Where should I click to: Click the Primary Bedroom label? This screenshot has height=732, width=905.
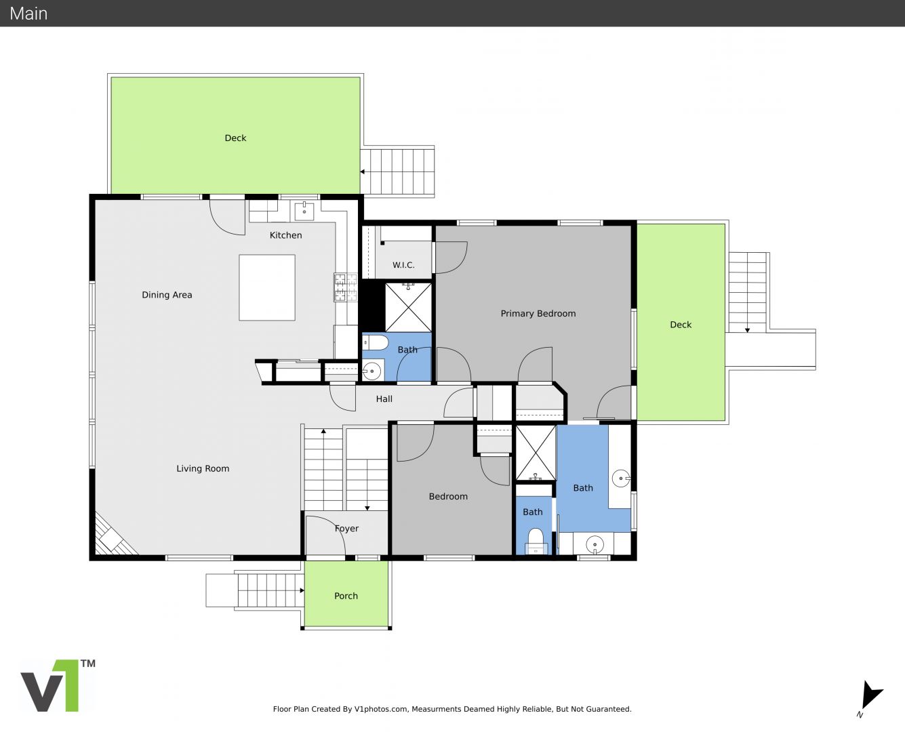[x=538, y=314]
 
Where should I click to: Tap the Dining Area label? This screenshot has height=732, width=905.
[x=167, y=295]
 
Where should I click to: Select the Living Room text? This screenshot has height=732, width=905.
[x=203, y=468]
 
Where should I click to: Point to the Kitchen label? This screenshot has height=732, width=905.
[x=285, y=235]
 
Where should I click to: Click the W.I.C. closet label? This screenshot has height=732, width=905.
[x=403, y=265]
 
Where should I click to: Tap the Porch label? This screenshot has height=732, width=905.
[x=346, y=596]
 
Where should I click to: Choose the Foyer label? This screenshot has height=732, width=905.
[x=346, y=529]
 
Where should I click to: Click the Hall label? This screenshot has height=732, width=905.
[x=384, y=399]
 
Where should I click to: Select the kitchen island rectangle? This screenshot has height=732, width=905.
[x=267, y=287]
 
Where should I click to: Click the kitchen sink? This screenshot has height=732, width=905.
[x=304, y=211]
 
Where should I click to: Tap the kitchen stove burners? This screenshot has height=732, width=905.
[x=346, y=287]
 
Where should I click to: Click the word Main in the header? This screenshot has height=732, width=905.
[x=28, y=14]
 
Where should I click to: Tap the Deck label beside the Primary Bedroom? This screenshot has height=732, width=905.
[x=681, y=325]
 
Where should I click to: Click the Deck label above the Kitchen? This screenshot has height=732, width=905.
[x=235, y=138]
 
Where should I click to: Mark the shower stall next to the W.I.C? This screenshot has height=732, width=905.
[x=408, y=307]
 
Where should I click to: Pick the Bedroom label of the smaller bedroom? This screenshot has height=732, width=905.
[x=448, y=496]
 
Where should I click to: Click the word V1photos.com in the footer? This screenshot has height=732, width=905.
[x=381, y=709]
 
